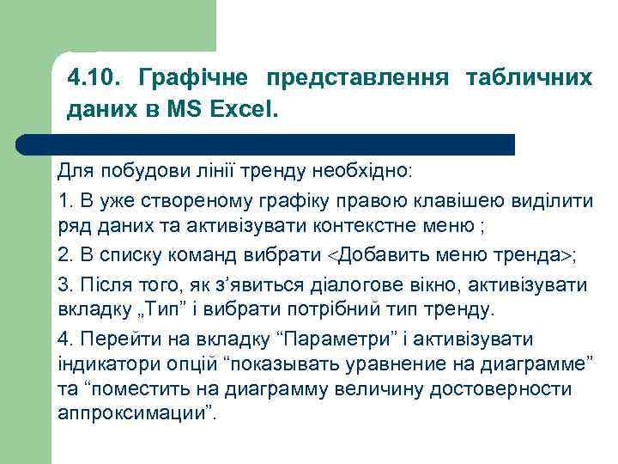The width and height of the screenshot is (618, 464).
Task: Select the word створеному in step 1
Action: pos(187,201)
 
